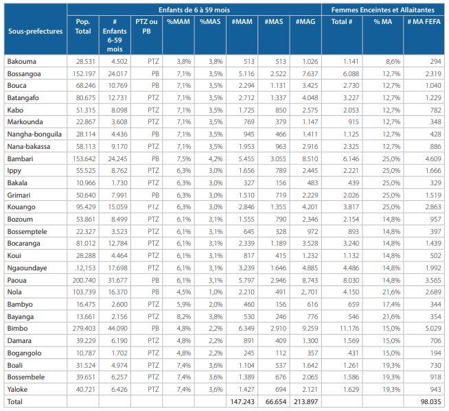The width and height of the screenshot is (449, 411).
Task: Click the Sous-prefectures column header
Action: [x=35, y=31]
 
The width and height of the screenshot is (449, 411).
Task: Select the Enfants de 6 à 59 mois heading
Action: [x=194, y=10]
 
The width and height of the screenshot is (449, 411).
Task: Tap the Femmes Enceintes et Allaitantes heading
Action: [x=383, y=10]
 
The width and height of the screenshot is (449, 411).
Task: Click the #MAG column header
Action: [x=306, y=22]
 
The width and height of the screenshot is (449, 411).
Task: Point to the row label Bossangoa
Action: [x=24, y=74]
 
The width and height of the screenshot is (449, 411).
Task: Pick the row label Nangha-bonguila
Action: [x=34, y=134]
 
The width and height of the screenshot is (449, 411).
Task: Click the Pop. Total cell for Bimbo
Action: [x=84, y=328]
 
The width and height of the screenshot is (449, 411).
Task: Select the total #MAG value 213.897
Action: [x=306, y=401]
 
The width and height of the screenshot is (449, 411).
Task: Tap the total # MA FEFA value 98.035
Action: [x=430, y=401]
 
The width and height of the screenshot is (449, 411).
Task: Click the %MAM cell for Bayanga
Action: [x=184, y=316]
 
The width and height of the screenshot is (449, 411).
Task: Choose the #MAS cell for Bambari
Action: [x=278, y=158]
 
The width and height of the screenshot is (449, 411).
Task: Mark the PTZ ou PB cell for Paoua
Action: [x=155, y=280]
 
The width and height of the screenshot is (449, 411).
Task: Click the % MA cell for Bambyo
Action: [x=391, y=304]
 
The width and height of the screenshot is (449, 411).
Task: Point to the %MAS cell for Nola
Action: [x=216, y=292]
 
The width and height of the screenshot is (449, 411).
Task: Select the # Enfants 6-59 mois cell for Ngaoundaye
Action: [x=117, y=268]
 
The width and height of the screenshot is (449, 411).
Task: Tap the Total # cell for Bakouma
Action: [x=351, y=61]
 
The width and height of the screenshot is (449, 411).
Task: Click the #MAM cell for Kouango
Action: [x=246, y=207]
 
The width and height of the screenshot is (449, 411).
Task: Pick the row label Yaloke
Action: [x=17, y=389]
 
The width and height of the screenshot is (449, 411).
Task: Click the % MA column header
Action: [x=383, y=22]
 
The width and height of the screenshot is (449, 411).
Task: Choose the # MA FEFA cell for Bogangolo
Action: [x=435, y=353]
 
